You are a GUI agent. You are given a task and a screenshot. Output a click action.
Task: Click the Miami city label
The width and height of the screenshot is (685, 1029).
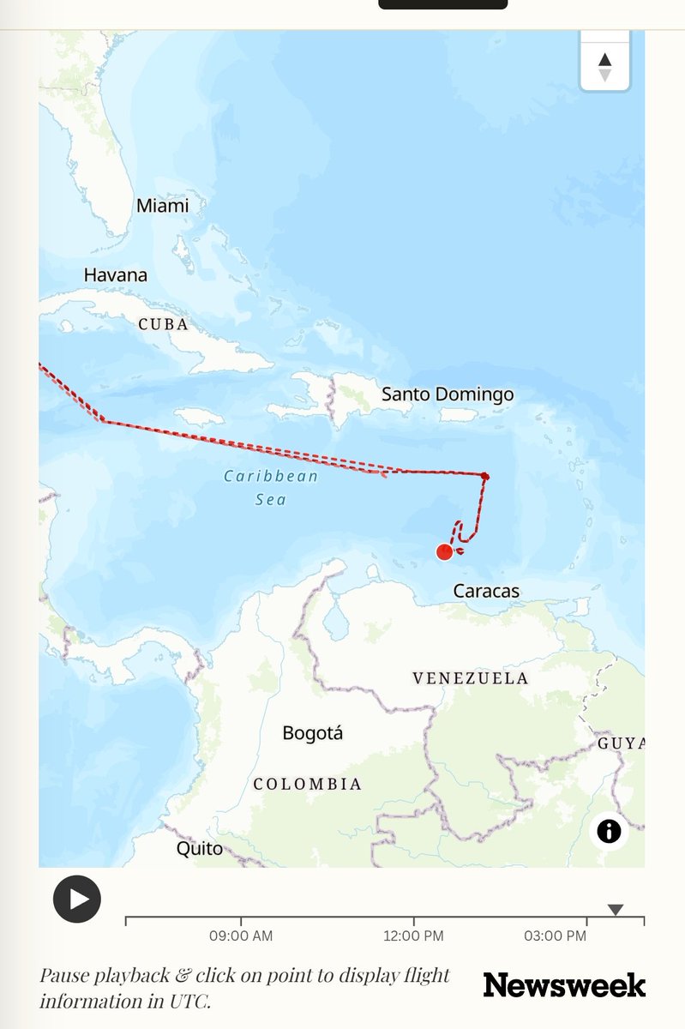click(x=162, y=206)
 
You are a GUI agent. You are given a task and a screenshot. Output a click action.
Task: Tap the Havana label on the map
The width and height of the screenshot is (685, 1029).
click(x=115, y=275)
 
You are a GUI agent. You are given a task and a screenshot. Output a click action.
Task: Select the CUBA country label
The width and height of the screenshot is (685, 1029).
click(x=163, y=325)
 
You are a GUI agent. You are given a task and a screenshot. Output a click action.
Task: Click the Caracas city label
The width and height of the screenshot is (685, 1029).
click(x=486, y=591)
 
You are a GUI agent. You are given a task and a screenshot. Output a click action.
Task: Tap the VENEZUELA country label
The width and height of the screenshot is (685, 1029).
click(x=470, y=678)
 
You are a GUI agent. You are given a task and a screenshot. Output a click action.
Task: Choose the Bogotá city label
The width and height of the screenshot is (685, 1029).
click(x=312, y=733)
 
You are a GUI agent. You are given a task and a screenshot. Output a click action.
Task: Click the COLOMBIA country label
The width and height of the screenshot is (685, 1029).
click(x=307, y=784)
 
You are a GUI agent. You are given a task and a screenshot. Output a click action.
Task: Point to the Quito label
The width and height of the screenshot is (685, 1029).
click(x=199, y=849)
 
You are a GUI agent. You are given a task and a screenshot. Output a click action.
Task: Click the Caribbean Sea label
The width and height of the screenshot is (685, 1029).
click(x=271, y=487)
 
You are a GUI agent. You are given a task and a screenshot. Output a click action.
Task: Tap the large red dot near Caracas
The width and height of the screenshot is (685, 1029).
click(x=444, y=552)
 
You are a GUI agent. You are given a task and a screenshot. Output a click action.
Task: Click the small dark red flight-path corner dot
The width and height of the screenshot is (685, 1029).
click(x=485, y=476)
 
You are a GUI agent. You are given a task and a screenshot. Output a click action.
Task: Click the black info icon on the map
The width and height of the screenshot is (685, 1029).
click(x=609, y=830)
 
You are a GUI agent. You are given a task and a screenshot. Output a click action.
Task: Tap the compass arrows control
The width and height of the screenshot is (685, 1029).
click(x=604, y=67)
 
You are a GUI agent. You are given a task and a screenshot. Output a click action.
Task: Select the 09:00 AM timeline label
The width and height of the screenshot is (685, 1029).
click(x=241, y=936)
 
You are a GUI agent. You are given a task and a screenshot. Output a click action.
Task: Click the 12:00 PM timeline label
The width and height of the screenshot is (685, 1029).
click(x=413, y=936)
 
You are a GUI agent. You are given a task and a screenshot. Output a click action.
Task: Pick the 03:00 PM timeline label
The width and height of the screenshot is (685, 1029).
click(x=555, y=936)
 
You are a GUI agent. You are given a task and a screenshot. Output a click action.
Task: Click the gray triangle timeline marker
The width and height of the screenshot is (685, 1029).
click(x=615, y=910)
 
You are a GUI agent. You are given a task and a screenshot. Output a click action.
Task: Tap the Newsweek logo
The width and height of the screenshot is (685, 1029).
click(x=564, y=985)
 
